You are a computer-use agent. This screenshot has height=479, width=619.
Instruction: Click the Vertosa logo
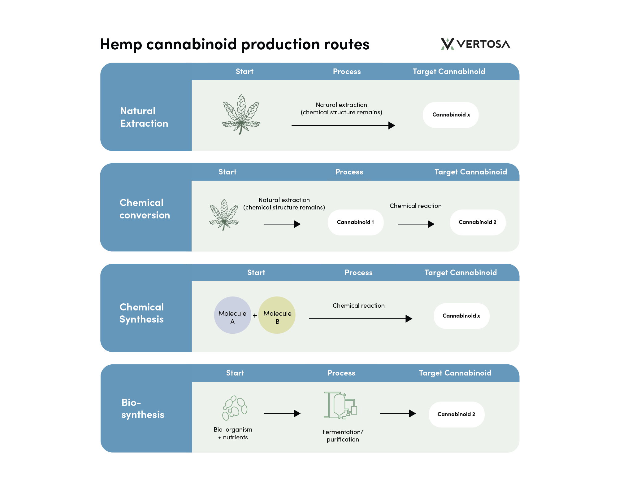pos(475,44)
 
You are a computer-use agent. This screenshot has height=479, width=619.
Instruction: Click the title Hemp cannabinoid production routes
pos(235,44)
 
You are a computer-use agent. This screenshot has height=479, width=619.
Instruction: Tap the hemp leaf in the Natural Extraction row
pos(241,114)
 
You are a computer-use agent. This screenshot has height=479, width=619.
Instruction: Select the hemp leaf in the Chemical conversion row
pos(224,215)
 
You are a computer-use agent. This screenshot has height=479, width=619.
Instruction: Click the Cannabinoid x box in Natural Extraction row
pos(451,115)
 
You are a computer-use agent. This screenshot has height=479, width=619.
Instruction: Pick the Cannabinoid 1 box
pos(355,222)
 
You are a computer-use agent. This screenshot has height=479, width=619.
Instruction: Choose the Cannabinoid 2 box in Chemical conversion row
pos(477,222)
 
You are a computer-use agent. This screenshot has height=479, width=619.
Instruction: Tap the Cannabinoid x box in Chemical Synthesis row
pos(461,316)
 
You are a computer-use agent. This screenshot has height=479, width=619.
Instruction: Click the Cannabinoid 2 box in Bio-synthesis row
pos(456,415)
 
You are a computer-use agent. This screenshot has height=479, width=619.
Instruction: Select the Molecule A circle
pos(232,315)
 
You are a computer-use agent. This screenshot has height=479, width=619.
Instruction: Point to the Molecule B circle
pos(277,315)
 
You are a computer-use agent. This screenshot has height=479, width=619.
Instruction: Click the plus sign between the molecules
pos(255,316)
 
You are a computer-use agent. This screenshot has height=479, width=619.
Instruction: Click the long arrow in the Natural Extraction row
pos(343,125)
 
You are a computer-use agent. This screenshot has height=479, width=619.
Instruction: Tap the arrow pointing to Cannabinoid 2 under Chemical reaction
pos(416,224)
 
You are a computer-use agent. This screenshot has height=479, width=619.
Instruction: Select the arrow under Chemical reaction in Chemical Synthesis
pos(360,319)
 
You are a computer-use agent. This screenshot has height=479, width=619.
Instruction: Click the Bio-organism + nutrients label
pos(233,433)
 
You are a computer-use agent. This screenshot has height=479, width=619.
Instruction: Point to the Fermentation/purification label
pos(343,436)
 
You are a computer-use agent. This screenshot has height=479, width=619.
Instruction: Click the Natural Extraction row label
pos(144,117)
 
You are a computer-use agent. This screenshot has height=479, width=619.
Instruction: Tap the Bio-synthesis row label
pos(143,409)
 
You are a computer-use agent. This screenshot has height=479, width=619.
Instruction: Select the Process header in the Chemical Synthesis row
pos(358,273)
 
